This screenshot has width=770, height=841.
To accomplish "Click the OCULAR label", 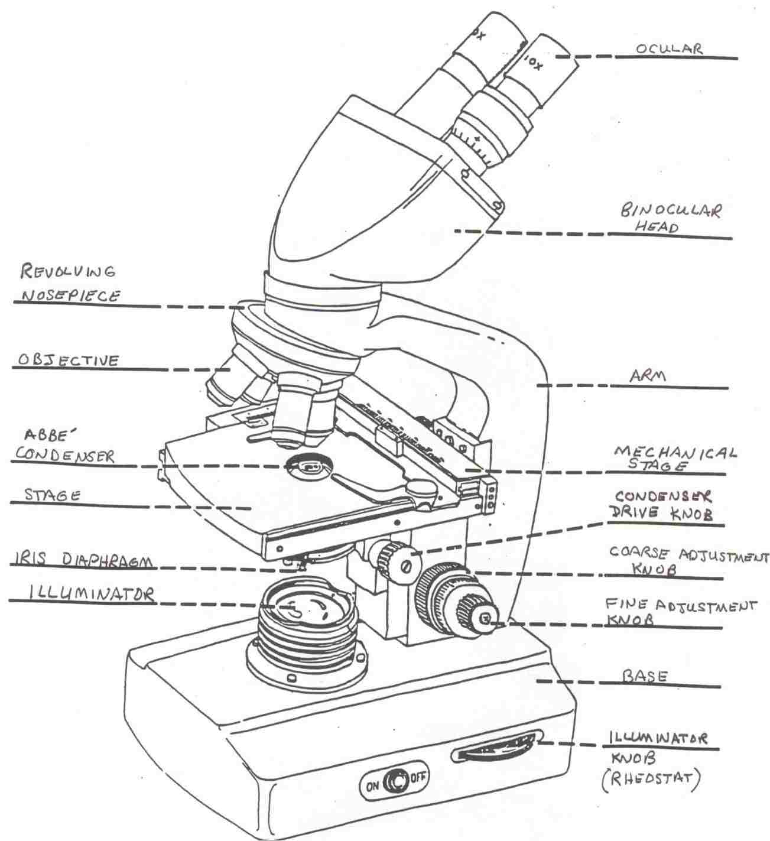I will [669, 48].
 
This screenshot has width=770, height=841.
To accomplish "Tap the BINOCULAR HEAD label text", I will [670, 218].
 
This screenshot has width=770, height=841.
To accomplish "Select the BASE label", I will [645, 676].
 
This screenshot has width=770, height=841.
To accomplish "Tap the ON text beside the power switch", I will [372, 781].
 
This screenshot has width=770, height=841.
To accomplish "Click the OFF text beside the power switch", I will [418, 777].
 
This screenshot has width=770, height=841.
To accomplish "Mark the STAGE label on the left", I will [52, 495].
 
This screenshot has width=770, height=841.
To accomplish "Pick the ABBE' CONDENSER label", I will [65, 446].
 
